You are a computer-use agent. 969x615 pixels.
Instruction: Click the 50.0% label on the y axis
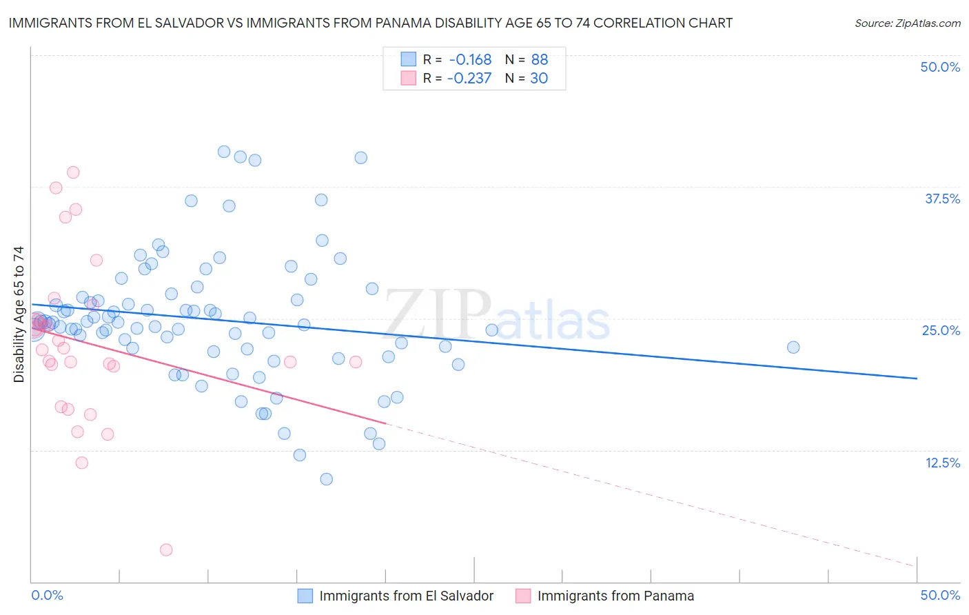940,67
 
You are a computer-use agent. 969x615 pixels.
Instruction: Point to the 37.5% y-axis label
942,199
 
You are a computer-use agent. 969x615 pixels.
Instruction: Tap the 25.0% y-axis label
941,330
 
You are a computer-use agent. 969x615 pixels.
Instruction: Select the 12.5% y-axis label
942,463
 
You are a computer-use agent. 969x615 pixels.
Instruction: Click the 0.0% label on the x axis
48,595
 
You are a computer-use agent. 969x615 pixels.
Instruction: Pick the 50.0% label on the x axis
940,595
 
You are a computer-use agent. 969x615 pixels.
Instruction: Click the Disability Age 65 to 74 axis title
19,314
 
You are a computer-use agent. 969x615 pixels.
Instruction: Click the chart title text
371,23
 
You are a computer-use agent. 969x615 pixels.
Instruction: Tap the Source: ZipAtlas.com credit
907,23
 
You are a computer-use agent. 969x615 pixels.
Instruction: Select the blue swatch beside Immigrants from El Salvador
305,596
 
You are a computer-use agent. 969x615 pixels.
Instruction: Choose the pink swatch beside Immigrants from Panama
523,596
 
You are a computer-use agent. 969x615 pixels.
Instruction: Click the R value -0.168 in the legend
470,60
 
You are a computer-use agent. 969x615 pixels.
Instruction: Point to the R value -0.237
469,79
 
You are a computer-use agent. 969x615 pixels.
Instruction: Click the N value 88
540,60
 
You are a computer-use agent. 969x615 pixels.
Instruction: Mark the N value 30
539,79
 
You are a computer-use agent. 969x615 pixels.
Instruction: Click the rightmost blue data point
793,347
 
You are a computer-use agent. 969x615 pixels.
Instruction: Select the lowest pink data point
166,550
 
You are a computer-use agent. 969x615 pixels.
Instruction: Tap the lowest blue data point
327,479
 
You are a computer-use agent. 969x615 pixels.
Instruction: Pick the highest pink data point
73,172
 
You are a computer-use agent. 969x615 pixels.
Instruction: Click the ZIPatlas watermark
496,316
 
